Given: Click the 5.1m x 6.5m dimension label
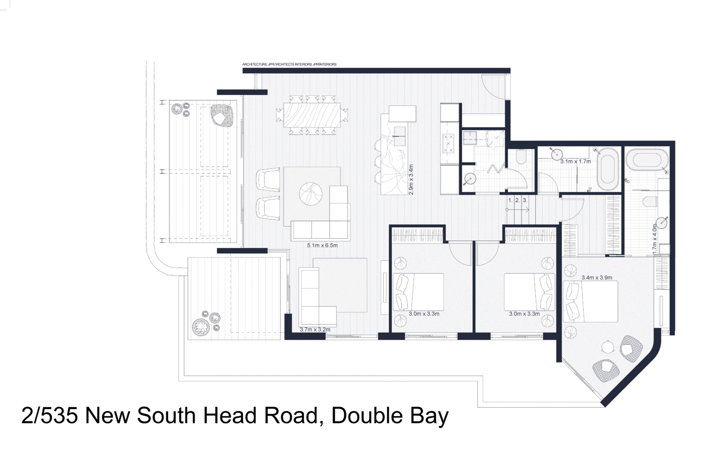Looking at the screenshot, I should pyautogui.click(x=322, y=245).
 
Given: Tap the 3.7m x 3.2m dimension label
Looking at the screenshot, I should pyautogui.click(x=315, y=330).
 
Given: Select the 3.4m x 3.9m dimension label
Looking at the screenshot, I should pyautogui.click(x=596, y=278).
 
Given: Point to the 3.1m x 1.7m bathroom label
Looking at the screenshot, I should pyautogui.click(x=575, y=162).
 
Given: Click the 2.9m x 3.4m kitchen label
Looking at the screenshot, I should pyautogui.click(x=411, y=180).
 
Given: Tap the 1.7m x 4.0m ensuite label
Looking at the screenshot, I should pyautogui.click(x=655, y=238).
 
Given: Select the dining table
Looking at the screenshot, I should pyautogui.click(x=312, y=115).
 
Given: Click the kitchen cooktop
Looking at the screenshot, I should pyautogui.click(x=448, y=143).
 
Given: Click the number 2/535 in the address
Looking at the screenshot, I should pyautogui.click(x=51, y=416).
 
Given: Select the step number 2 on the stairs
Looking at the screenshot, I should pyautogui.click(x=517, y=200).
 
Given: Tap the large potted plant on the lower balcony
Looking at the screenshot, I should pyautogui.click(x=201, y=327).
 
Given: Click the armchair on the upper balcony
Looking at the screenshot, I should pyautogui.click(x=221, y=115).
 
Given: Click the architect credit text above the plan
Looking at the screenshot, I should pyautogui.click(x=289, y=64).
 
